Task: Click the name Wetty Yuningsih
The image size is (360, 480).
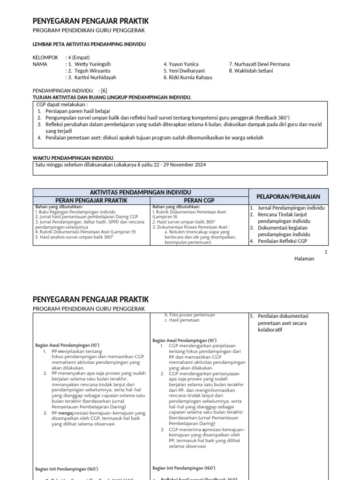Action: click(x=92, y=64)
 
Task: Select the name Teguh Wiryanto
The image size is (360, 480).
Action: click(x=91, y=71)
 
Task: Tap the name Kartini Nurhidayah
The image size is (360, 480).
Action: click(x=95, y=78)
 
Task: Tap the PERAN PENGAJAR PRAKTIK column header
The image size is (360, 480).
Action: click(x=91, y=201)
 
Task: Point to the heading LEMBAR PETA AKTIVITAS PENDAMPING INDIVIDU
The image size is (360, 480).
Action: click(x=89, y=44)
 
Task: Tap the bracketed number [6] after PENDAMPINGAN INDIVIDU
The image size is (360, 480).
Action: click(x=104, y=90)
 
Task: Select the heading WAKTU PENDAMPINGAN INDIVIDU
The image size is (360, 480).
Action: click(x=74, y=158)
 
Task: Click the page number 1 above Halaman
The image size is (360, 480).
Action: click(x=326, y=252)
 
